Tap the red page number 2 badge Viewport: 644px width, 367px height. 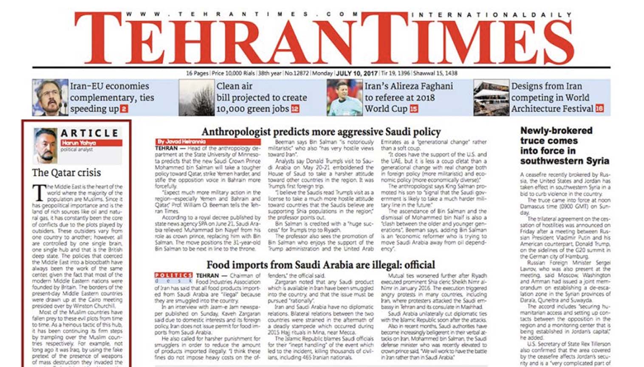124,109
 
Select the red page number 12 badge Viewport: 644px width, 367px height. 295,109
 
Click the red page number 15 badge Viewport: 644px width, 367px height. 413,109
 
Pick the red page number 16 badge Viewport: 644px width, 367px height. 599,108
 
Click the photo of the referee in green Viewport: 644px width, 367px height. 344,98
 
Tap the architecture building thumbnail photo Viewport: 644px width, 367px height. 491,98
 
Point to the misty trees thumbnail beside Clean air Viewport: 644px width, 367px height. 196,98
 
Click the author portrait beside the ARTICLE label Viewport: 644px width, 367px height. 45,146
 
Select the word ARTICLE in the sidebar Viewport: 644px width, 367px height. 89,133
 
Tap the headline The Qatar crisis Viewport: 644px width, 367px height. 67,172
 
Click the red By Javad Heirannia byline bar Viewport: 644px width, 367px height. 208,141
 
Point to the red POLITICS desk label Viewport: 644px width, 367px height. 173,275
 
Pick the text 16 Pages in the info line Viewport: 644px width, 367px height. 197,73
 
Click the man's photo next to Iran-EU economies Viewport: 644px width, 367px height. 50,98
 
